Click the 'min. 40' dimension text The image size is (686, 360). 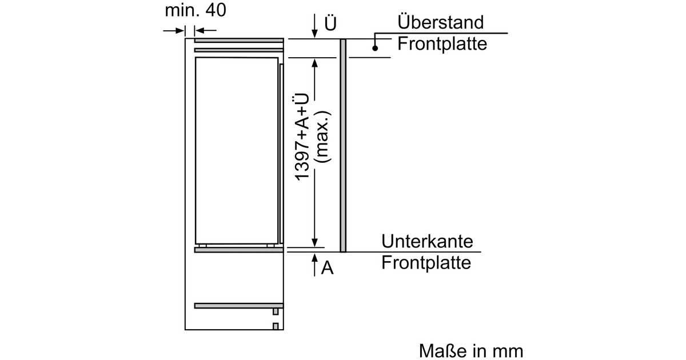196,10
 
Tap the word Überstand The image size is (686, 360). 440,22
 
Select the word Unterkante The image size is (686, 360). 427,241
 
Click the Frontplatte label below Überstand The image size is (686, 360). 442,44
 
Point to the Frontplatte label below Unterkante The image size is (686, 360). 426,263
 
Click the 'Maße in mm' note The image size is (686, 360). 471,351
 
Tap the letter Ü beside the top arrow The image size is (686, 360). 330,23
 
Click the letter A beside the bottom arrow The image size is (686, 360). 327,268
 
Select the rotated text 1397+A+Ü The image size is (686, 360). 302,138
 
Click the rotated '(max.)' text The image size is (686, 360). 324,137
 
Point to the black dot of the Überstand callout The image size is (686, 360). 375,48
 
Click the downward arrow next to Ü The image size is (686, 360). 314,26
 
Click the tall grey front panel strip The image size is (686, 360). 343,146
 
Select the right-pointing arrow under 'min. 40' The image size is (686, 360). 174,31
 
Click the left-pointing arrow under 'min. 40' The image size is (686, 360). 205,30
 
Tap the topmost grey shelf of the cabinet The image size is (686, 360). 239,41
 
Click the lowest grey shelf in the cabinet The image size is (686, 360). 238,306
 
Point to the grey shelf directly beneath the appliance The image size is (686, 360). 238,250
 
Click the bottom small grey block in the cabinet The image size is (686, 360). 276,326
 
